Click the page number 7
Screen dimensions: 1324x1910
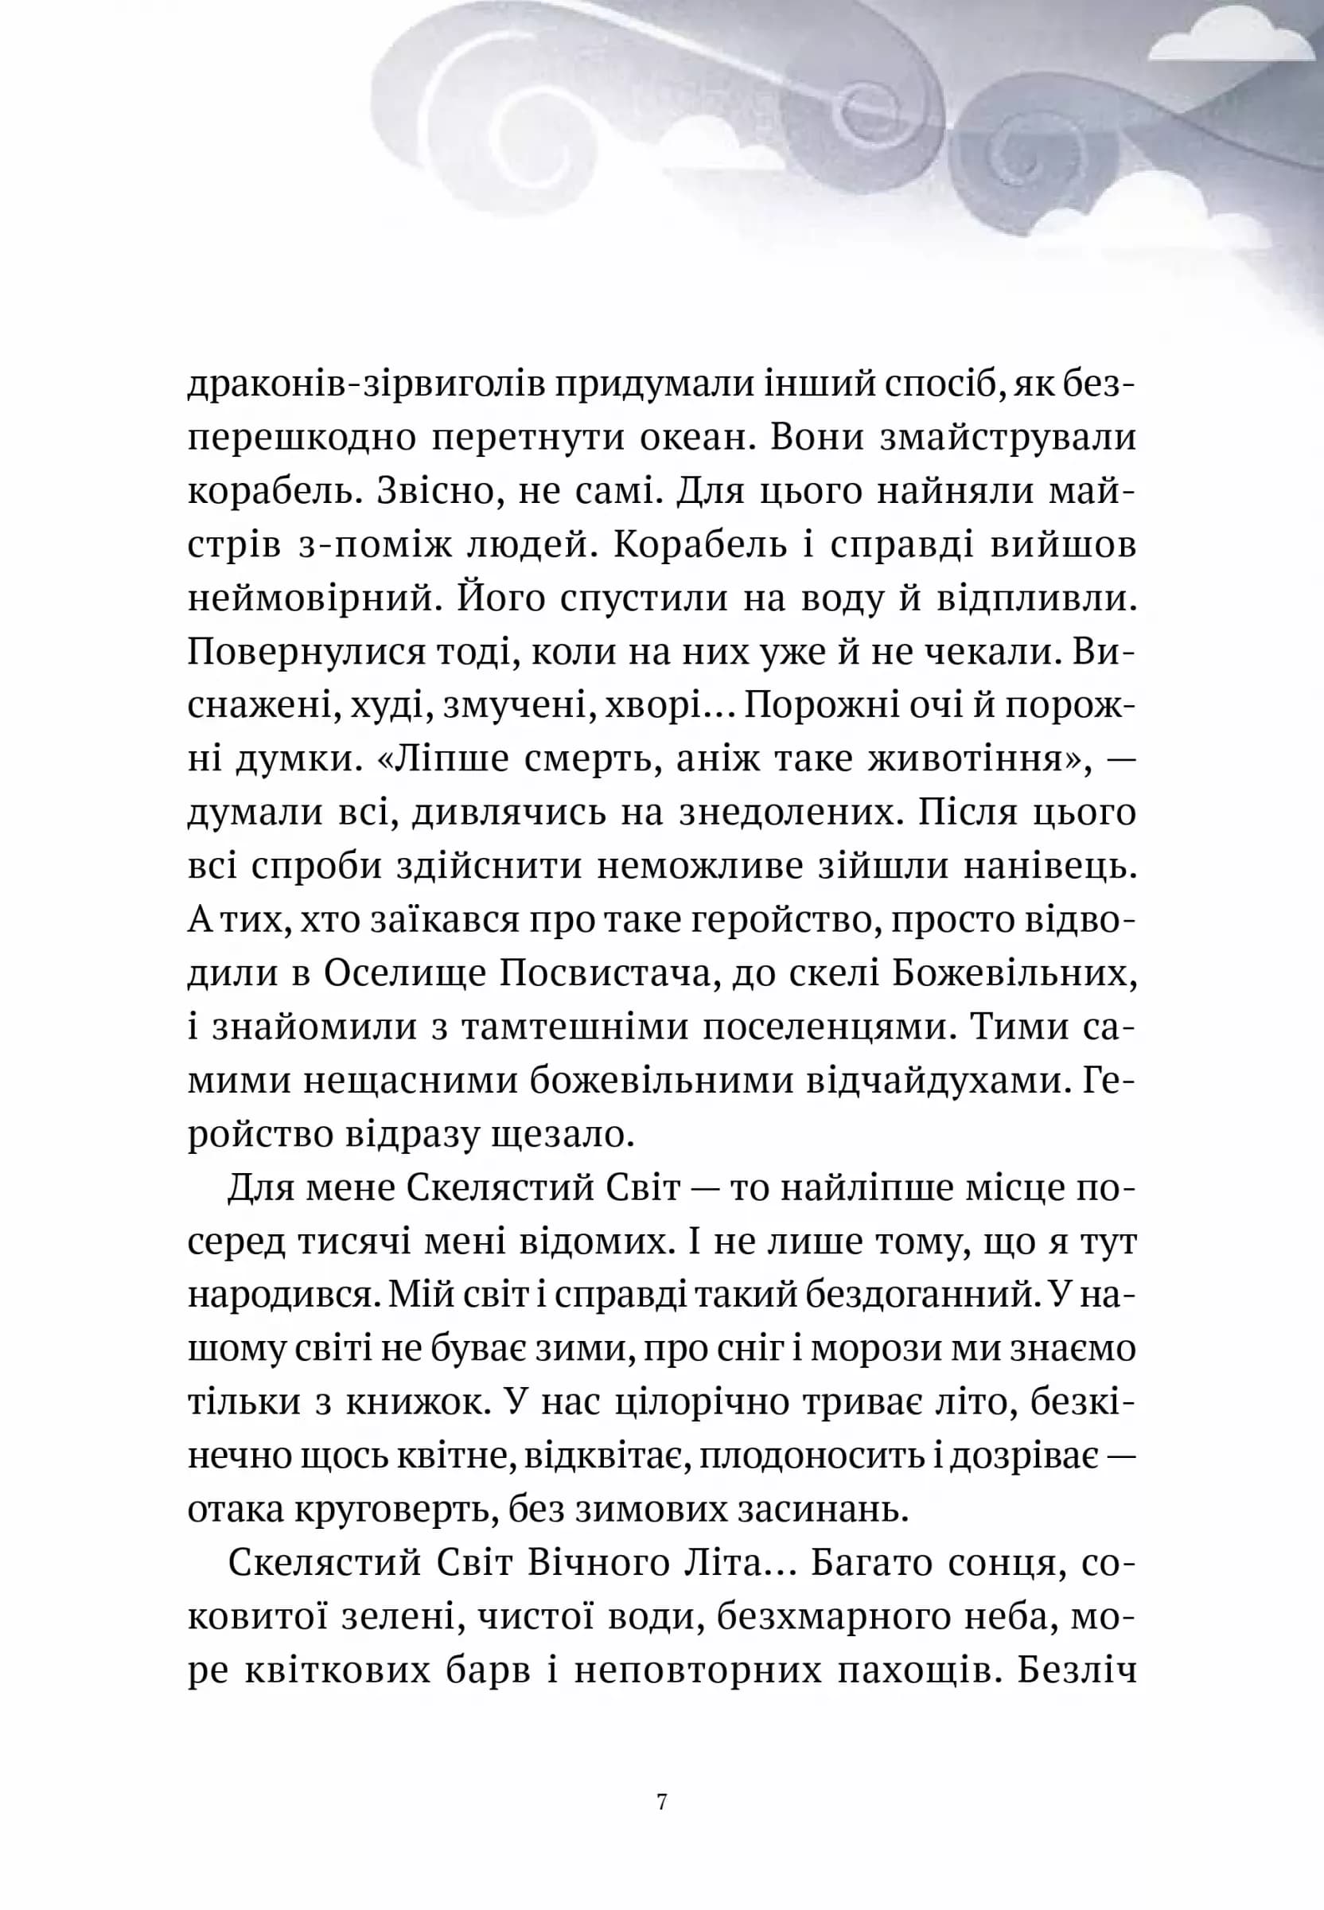pyautogui.click(x=661, y=1802)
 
